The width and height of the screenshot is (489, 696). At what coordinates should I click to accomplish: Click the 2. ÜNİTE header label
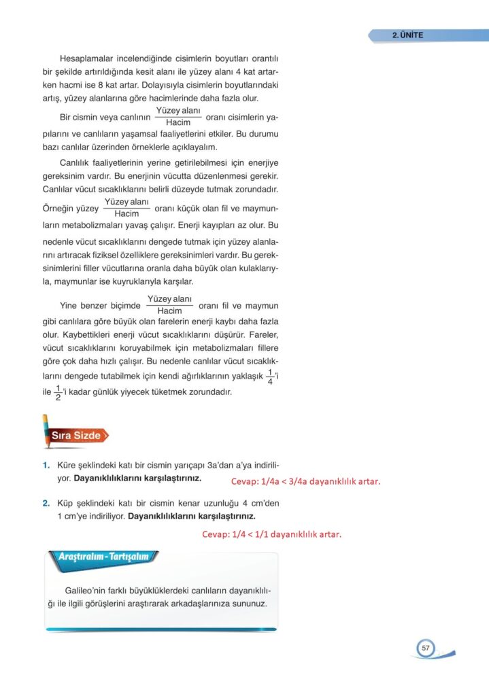pyautogui.click(x=407, y=35)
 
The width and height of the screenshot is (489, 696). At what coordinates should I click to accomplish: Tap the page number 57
pyautogui.click(x=426, y=648)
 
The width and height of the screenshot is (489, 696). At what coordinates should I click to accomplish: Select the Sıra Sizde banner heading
pyautogui.click(x=76, y=436)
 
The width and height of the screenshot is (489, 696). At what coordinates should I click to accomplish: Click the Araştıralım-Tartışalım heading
pyautogui.click(x=104, y=557)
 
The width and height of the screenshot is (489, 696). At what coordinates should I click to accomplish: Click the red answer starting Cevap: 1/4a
pyautogui.click(x=305, y=482)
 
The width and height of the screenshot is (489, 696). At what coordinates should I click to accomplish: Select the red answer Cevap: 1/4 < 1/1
pyautogui.click(x=271, y=534)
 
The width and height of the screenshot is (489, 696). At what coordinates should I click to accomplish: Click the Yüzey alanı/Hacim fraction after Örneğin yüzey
pyautogui.click(x=127, y=208)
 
